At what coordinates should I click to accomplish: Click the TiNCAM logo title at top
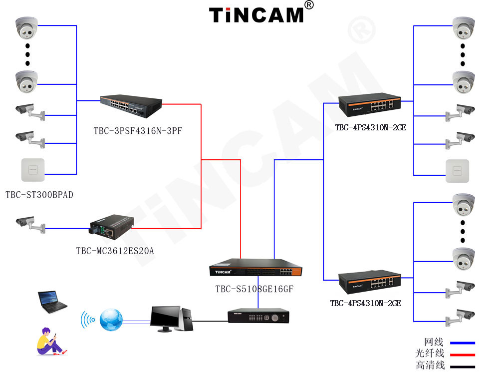[256, 14]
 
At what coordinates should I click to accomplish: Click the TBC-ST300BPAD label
[39, 195]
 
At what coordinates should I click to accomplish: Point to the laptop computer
[51, 302]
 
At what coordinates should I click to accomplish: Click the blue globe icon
[110, 319]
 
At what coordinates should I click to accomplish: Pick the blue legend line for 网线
[462, 343]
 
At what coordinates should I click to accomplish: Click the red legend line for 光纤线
[462, 355]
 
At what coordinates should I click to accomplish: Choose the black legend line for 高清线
[462, 367]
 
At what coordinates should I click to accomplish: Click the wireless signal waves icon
[88, 319]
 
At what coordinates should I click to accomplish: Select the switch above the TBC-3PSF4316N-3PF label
[131, 105]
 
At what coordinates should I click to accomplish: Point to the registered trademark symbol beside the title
[309, 5]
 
